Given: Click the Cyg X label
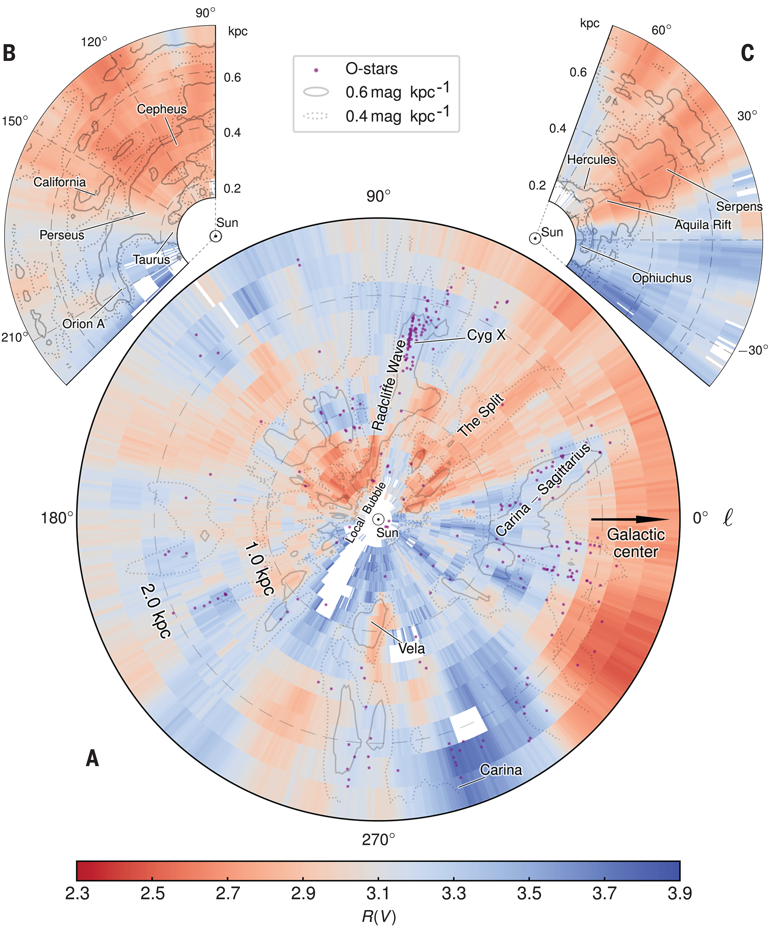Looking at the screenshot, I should point(486,336).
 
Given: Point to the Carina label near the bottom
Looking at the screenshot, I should point(501,770).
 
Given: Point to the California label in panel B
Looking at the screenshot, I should point(60,182).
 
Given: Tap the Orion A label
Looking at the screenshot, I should point(83,324).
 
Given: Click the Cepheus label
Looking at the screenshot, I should point(162,109).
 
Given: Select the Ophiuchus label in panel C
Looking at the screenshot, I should point(661,278).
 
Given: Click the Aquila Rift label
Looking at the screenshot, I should point(703,225).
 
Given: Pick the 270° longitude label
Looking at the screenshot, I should point(378,840).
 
